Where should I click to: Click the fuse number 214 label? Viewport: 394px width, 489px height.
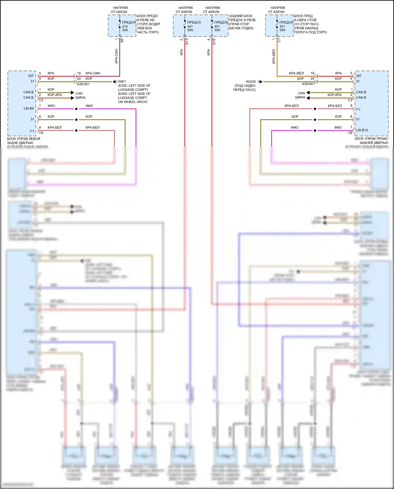[x=125, y=26]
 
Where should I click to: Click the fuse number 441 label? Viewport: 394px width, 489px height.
[x=190, y=26]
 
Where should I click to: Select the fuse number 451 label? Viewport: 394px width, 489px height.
[x=217, y=26]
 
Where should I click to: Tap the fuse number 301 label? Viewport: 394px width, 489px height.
[x=282, y=26]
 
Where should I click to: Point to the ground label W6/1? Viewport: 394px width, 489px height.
[x=122, y=81]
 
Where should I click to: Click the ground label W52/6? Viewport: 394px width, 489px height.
[x=251, y=81]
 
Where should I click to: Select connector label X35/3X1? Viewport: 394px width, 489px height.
[x=83, y=84]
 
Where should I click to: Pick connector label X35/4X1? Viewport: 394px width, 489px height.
[x=308, y=84]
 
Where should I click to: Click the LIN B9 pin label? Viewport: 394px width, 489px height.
[x=29, y=108]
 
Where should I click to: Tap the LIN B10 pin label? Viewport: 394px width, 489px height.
[x=362, y=130]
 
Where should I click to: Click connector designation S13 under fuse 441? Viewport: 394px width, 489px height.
[x=187, y=42]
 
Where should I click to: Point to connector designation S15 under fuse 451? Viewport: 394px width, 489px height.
[x=214, y=42]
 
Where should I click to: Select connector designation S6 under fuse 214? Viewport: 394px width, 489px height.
[x=122, y=41]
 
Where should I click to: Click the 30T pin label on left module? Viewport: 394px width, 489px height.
[x=31, y=76]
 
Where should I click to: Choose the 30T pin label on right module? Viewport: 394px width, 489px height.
[x=359, y=76]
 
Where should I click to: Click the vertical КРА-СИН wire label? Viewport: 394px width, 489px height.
[x=116, y=56]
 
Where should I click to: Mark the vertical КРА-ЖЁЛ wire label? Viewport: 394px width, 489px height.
[x=274, y=56]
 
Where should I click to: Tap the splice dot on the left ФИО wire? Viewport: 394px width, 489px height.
[x=76, y=109]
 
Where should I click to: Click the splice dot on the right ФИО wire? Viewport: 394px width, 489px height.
[x=315, y=131]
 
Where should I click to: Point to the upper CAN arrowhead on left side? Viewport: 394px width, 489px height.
[x=72, y=92]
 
